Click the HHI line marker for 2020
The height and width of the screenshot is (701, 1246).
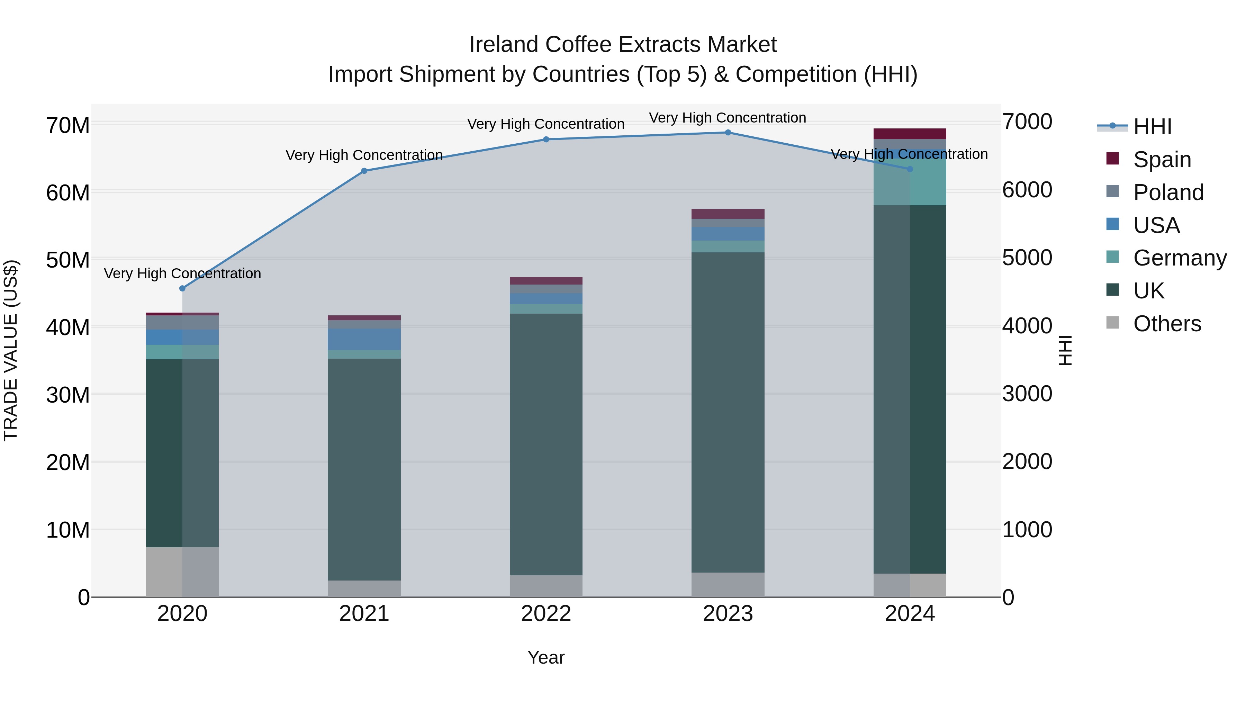[x=182, y=288]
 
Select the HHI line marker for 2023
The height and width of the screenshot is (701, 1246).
[x=728, y=133]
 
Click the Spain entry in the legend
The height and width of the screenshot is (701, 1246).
[x=1161, y=160]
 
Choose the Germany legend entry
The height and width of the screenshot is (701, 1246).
[x=1179, y=258]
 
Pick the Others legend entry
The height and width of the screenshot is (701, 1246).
[x=1167, y=324]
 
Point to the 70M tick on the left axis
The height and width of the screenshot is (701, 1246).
[x=68, y=125]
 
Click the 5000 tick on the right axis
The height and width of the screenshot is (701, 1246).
[x=1027, y=258]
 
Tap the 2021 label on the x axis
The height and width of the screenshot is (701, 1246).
[x=364, y=614]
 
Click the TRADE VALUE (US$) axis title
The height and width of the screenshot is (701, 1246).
[x=11, y=350]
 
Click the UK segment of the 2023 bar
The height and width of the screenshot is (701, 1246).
[x=728, y=411]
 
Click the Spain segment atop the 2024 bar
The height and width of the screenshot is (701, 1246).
[x=909, y=134]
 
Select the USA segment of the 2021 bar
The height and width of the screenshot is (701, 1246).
[x=364, y=339]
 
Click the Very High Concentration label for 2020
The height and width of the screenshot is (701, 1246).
[x=182, y=273]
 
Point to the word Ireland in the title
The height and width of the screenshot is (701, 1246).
[x=503, y=45]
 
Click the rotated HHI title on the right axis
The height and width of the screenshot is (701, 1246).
[x=1065, y=350]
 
